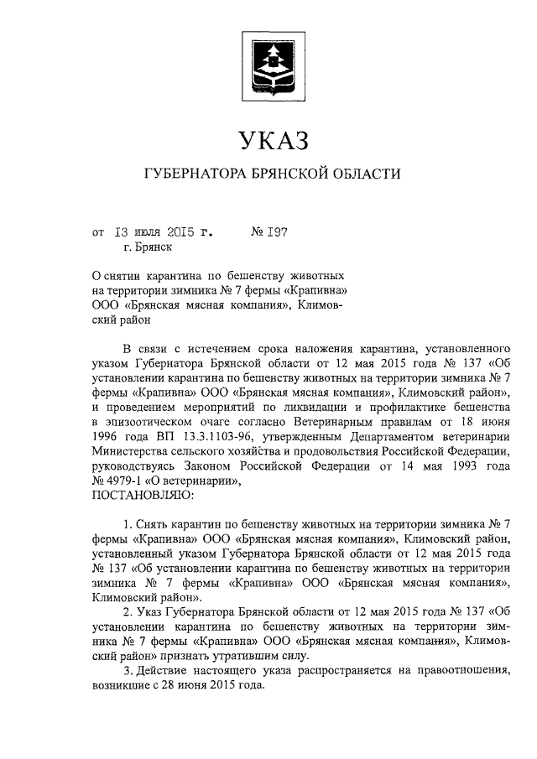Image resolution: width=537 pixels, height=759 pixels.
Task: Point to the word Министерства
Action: coord(130,453)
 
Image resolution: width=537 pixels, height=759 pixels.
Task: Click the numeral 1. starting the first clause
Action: coord(127,524)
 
